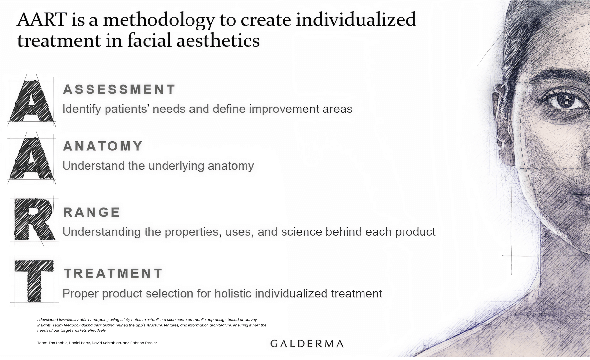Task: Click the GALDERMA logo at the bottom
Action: click(x=307, y=344)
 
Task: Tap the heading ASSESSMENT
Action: click(x=119, y=90)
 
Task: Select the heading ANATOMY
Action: click(x=103, y=146)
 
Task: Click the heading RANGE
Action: click(x=91, y=212)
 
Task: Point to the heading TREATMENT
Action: click(x=113, y=273)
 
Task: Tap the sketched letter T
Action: click(x=34, y=281)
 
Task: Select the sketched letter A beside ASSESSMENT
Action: click(x=31, y=101)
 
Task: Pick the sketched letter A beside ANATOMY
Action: click(x=31, y=158)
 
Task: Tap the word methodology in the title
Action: click(x=159, y=21)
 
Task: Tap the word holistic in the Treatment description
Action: click(x=233, y=293)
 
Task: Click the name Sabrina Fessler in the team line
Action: click(x=144, y=343)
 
